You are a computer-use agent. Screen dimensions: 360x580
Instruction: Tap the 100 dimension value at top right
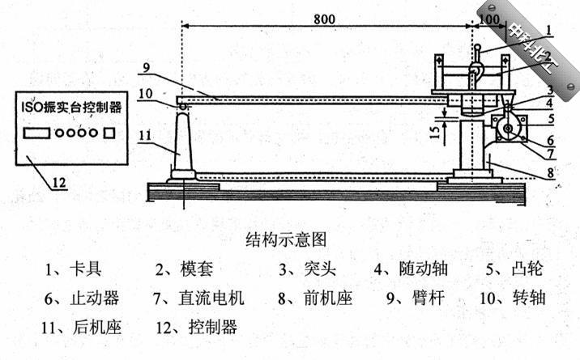[x=488, y=15]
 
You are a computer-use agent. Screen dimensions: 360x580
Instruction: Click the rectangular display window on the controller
[x=37, y=132]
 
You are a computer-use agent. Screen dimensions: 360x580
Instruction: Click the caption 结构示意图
[x=284, y=239]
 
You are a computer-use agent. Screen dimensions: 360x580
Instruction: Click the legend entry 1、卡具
[x=74, y=269]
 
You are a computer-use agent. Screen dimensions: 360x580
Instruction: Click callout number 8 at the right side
[x=550, y=172]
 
